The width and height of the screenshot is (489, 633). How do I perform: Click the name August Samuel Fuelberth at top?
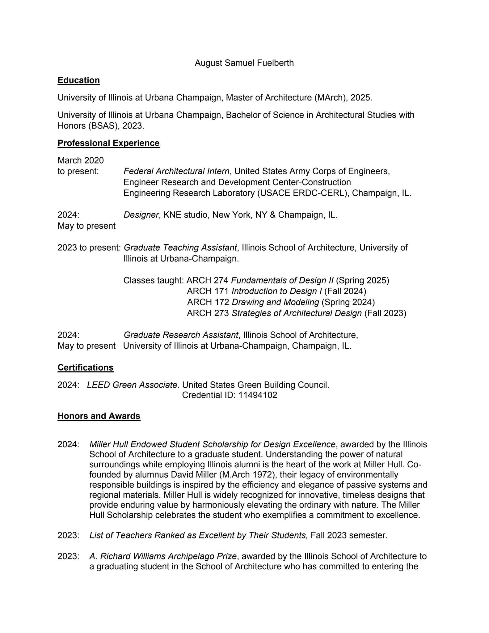[244, 63]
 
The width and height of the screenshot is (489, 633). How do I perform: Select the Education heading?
[78, 80]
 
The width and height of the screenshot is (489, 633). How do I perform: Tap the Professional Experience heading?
[108, 143]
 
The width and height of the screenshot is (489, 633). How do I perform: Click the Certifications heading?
[86, 367]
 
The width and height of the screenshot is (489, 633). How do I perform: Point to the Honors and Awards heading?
[99, 416]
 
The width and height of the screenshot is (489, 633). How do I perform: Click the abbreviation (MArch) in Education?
[330, 98]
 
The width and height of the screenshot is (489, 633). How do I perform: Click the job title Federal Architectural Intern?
[176, 171]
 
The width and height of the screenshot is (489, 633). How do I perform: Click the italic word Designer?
[141, 215]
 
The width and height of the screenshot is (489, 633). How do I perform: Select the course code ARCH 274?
[208, 280]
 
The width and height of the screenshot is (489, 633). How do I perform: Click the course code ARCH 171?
[208, 291]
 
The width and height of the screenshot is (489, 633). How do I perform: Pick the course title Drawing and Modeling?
[275, 302]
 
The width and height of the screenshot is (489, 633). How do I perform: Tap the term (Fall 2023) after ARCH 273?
[385, 313]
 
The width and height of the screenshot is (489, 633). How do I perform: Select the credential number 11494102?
[258, 395]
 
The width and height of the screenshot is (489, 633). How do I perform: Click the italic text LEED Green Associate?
[132, 385]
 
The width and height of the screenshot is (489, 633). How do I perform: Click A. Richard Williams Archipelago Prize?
[163, 556]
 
